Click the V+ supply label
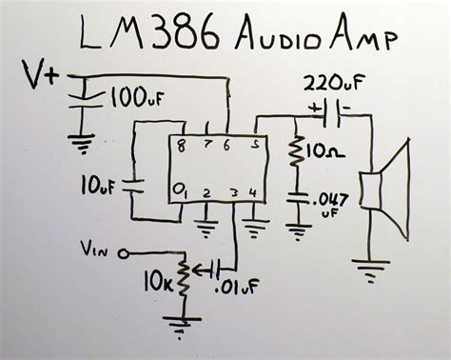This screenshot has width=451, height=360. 40,75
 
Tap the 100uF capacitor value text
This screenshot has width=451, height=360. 137,97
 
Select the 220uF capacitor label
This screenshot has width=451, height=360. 331,82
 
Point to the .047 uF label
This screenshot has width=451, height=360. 330,205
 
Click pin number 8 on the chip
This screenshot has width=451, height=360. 181,146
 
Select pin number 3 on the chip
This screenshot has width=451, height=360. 234,192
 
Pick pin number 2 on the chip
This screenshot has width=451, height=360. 206,193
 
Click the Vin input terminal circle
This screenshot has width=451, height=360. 123,253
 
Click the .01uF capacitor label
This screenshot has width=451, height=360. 236,287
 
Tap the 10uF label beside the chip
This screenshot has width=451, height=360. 97,186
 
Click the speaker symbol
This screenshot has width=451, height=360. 384,190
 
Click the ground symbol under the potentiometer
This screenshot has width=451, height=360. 182,327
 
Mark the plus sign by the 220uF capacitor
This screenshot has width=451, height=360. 315,109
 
